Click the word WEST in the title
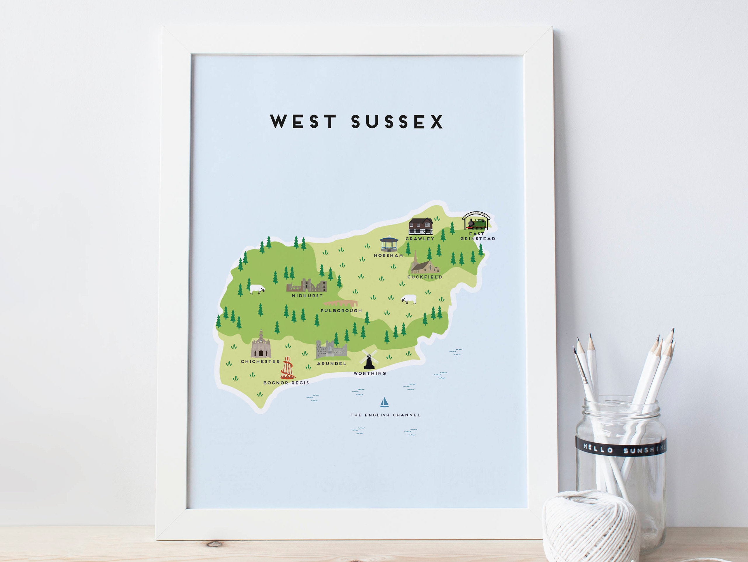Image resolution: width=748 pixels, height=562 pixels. pos(303,122)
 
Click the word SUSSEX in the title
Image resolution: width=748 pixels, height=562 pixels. pos(397,122)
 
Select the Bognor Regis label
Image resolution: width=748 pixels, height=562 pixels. pos(286,383)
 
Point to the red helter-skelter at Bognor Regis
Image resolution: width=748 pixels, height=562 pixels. pos(287,369)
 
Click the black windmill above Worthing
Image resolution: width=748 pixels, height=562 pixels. pos(369,360)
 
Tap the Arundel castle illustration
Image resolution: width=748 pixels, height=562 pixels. pos(331,350)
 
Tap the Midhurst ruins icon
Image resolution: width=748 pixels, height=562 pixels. pos(307,286)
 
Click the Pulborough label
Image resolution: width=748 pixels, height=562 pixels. pos(341,311)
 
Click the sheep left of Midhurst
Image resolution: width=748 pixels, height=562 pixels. pos(257,289)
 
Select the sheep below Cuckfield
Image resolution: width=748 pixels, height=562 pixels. pos(409,299)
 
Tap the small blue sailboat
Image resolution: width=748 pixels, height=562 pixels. pos(384,402)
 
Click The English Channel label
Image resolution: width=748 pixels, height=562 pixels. pos(386,415)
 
